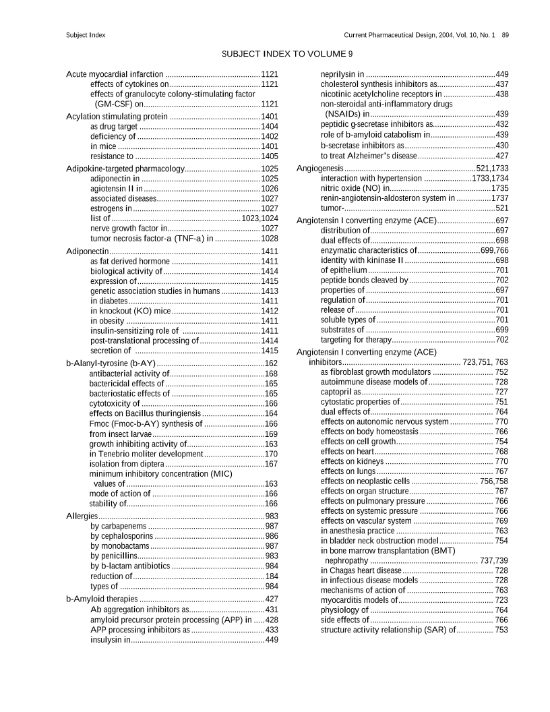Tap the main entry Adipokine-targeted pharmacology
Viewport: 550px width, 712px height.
[x=125, y=169]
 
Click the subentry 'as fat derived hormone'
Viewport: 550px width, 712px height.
[x=130, y=261]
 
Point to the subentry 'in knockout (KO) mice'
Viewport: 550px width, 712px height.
[x=130, y=311]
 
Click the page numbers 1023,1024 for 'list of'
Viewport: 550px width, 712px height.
[x=260, y=218]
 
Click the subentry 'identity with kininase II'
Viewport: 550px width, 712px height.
[x=361, y=260]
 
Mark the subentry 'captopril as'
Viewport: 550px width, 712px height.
[x=340, y=392]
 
